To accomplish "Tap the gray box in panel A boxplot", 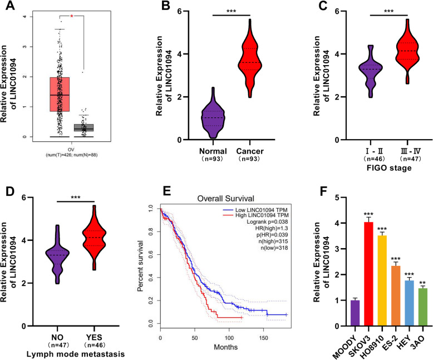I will coord(85,128).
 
